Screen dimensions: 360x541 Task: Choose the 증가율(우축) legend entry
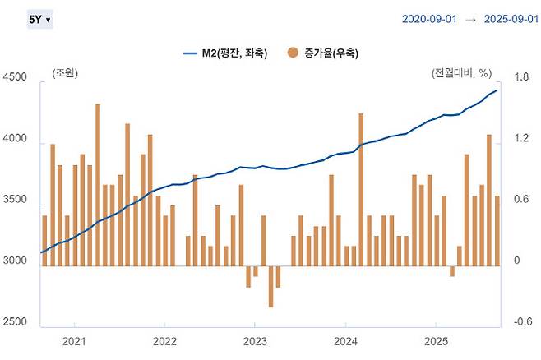point(324,53)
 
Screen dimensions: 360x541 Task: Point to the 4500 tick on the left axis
point(16,78)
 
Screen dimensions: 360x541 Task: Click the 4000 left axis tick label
point(16,142)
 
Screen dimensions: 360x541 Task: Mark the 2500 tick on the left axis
point(16,321)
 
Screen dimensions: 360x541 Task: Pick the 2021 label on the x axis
point(75,341)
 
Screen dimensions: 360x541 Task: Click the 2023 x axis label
point(256,341)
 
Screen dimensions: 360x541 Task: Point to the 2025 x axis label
point(436,341)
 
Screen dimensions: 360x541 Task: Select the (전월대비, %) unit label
point(467,74)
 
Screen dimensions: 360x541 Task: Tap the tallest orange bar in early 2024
point(361,189)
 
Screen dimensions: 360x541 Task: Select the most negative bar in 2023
point(270,286)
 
